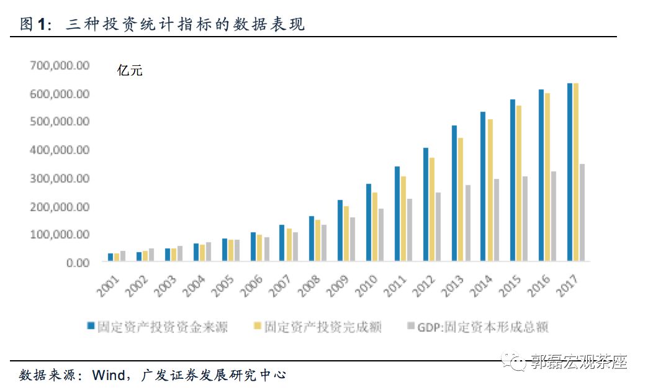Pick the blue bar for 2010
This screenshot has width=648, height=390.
click(369, 223)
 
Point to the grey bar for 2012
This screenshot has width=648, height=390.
click(438, 227)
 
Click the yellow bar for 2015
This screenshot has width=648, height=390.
click(518, 184)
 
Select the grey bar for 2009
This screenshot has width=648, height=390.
click(352, 240)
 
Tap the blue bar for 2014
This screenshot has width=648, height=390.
click(483, 187)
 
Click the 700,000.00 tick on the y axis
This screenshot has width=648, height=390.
click(60, 65)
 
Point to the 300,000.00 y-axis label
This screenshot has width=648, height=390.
click(60, 178)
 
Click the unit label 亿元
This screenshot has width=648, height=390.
click(130, 70)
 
